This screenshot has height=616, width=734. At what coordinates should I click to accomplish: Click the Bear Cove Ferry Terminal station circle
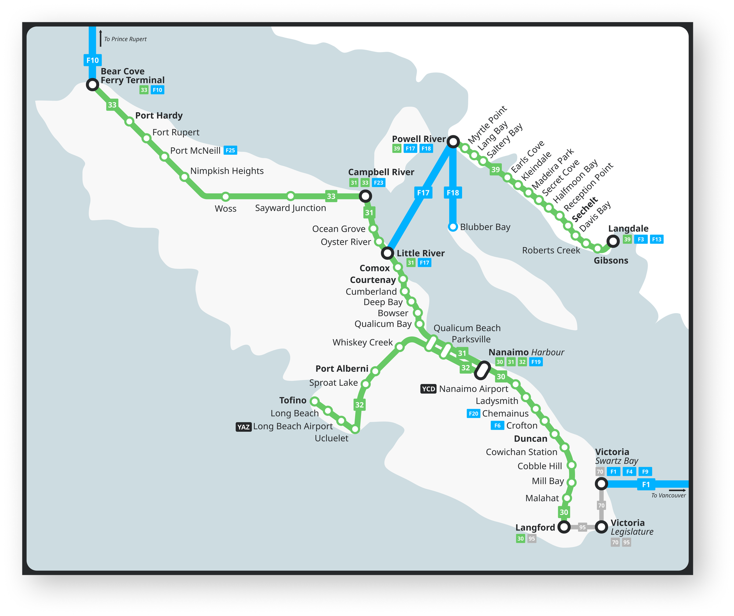pos(92,85)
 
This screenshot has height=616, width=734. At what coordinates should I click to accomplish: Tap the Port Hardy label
pos(159,115)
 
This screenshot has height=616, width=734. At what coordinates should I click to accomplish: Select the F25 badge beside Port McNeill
pos(230,150)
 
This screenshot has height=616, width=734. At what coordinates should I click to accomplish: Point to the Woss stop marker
pos(226,197)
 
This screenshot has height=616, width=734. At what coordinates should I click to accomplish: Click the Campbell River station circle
pos(365,196)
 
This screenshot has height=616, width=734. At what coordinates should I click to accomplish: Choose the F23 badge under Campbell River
pos(378,183)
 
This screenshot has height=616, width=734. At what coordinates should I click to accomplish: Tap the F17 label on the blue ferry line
pos(423,193)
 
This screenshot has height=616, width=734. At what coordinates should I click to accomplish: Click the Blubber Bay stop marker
pos(453,227)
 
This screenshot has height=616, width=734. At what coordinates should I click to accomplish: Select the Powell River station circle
pos(453,142)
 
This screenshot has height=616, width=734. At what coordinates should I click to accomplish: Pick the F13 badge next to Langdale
pos(657,239)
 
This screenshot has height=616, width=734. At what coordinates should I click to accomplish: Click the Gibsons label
pos(611,261)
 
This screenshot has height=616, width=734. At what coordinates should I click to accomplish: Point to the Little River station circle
pos(387,253)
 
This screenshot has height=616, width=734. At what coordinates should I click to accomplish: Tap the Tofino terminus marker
pos(315,401)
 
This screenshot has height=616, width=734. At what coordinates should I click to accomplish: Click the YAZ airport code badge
pos(244,427)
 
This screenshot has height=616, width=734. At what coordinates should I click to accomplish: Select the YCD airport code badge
pos(428,389)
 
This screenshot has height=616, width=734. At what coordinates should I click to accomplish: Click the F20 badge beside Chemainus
pos(473,414)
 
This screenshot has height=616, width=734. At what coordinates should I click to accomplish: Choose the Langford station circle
pos(564,527)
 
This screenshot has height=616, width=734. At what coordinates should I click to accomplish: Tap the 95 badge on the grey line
pos(582,527)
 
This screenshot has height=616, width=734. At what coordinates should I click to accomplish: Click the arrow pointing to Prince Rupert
pos(101,38)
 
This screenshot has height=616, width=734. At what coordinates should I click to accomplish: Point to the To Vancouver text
pos(668,496)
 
